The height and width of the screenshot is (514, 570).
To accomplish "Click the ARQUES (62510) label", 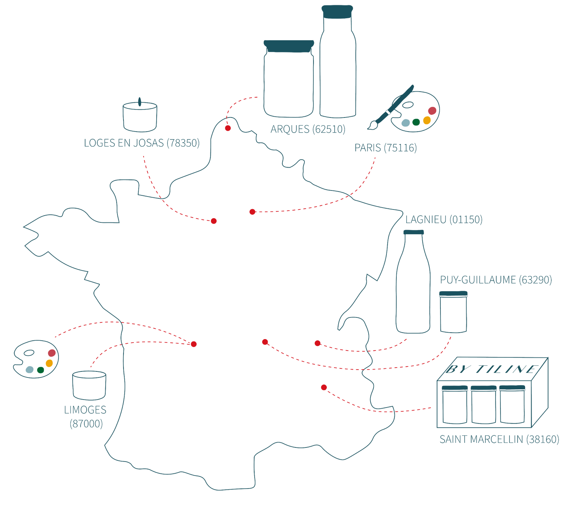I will click(x=308, y=130).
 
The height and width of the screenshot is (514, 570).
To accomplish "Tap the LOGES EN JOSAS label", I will click(x=141, y=143).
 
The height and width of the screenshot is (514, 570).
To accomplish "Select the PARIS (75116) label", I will click(x=385, y=148).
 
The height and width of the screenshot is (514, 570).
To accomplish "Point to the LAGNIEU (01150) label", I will click(x=444, y=220).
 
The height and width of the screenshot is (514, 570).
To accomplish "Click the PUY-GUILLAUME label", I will click(x=496, y=280).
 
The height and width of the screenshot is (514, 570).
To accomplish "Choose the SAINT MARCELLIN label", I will click(x=499, y=439).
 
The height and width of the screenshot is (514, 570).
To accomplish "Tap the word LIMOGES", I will click(x=85, y=410).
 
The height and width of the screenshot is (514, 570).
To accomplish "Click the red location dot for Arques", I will click(x=228, y=128).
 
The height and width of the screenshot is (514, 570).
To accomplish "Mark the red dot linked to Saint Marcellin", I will click(x=324, y=387).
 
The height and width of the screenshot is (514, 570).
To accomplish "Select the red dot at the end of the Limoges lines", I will click(x=194, y=344).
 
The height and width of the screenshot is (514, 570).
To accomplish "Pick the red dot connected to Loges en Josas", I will click(x=214, y=221).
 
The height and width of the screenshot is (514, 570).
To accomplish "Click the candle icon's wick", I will click(x=139, y=100).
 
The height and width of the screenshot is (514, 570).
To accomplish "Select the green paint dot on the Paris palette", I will click(x=416, y=122).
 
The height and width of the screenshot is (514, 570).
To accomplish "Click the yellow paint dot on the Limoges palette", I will click(x=49, y=363).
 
